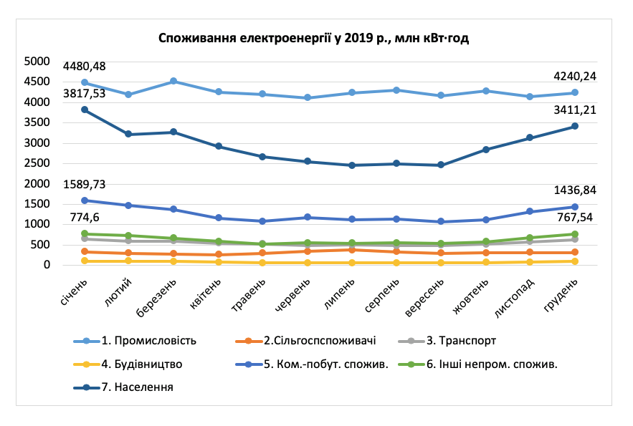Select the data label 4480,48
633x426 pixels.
85,67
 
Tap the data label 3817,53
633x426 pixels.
85,94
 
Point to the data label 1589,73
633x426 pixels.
85,184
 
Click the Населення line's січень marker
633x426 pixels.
85,110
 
